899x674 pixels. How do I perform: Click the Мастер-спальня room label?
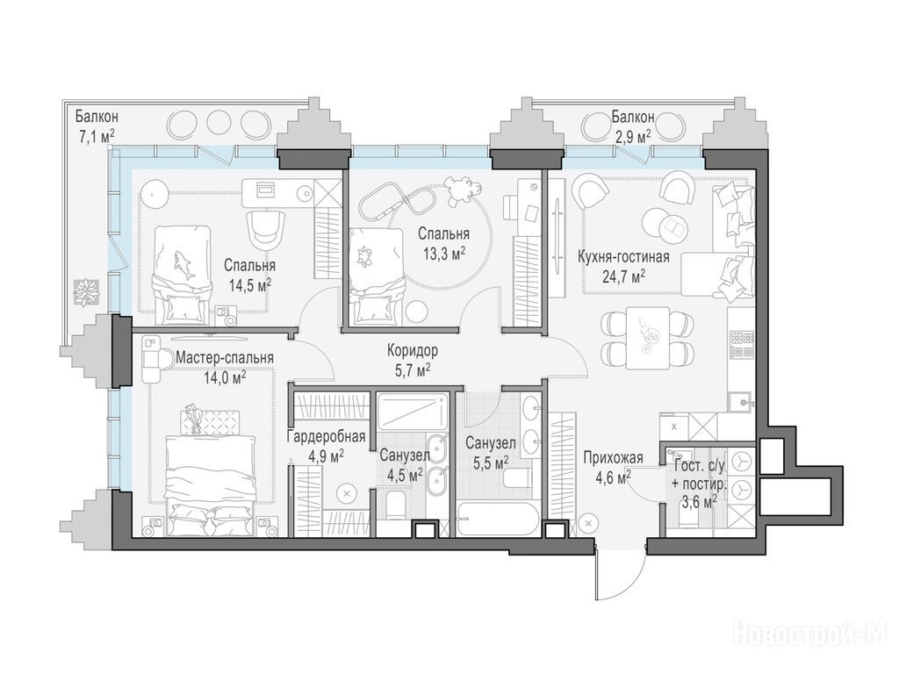(x=224, y=358)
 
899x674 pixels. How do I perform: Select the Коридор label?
(x=413, y=349)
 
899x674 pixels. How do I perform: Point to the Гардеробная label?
(x=327, y=437)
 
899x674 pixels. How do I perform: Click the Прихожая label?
(x=613, y=457)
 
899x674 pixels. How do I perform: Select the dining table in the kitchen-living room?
(x=647, y=339)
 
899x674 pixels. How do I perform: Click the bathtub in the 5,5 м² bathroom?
(x=498, y=519)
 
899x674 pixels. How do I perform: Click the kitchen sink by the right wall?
(x=742, y=401)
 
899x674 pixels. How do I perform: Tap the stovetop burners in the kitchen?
(x=740, y=344)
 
